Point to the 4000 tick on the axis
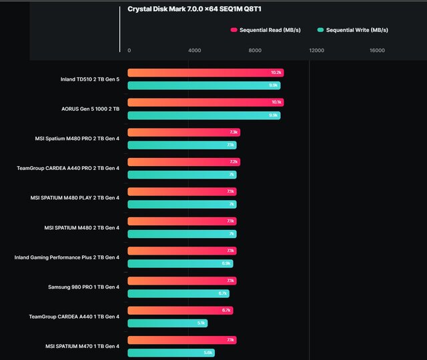point(194,51)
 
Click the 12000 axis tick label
point(316,51)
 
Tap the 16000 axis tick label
point(377,51)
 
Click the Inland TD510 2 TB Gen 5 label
point(89,79)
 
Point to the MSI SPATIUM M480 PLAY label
point(75,197)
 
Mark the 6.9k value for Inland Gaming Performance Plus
point(227,264)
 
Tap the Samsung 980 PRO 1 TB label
point(83,287)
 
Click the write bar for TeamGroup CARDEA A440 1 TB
point(167,323)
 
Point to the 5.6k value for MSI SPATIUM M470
point(208,353)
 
